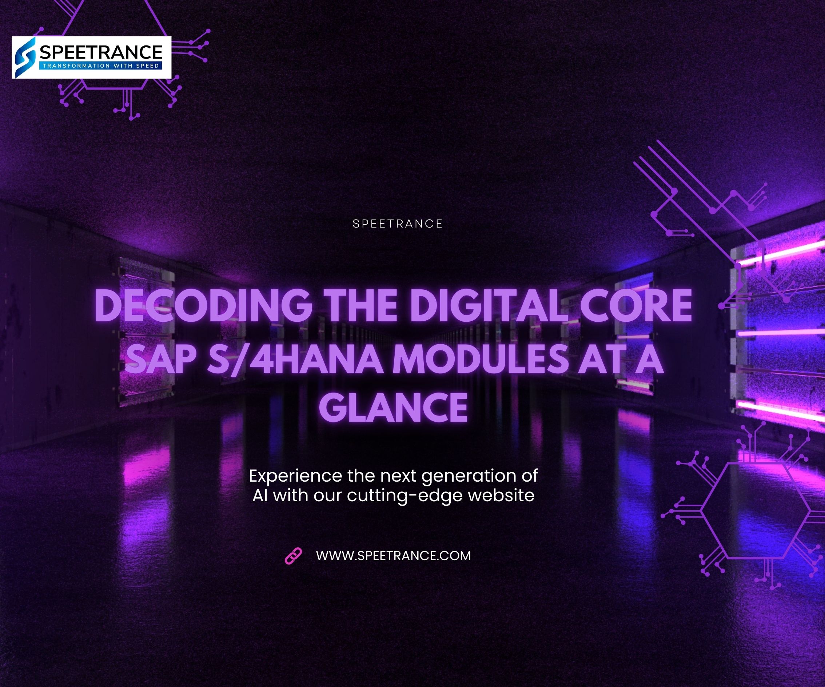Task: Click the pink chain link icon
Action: pyautogui.click(x=293, y=556)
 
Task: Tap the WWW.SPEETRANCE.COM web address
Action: pyautogui.click(x=393, y=556)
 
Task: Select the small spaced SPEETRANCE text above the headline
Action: pyautogui.click(x=398, y=224)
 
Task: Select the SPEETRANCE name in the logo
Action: pyautogui.click(x=101, y=52)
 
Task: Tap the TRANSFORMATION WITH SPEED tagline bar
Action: pyautogui.click(x=100, y=65)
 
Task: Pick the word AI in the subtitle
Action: pyautogui.click(x=260, y=495)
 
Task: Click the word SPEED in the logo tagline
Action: pyautogui.click(x=147, y=65)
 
